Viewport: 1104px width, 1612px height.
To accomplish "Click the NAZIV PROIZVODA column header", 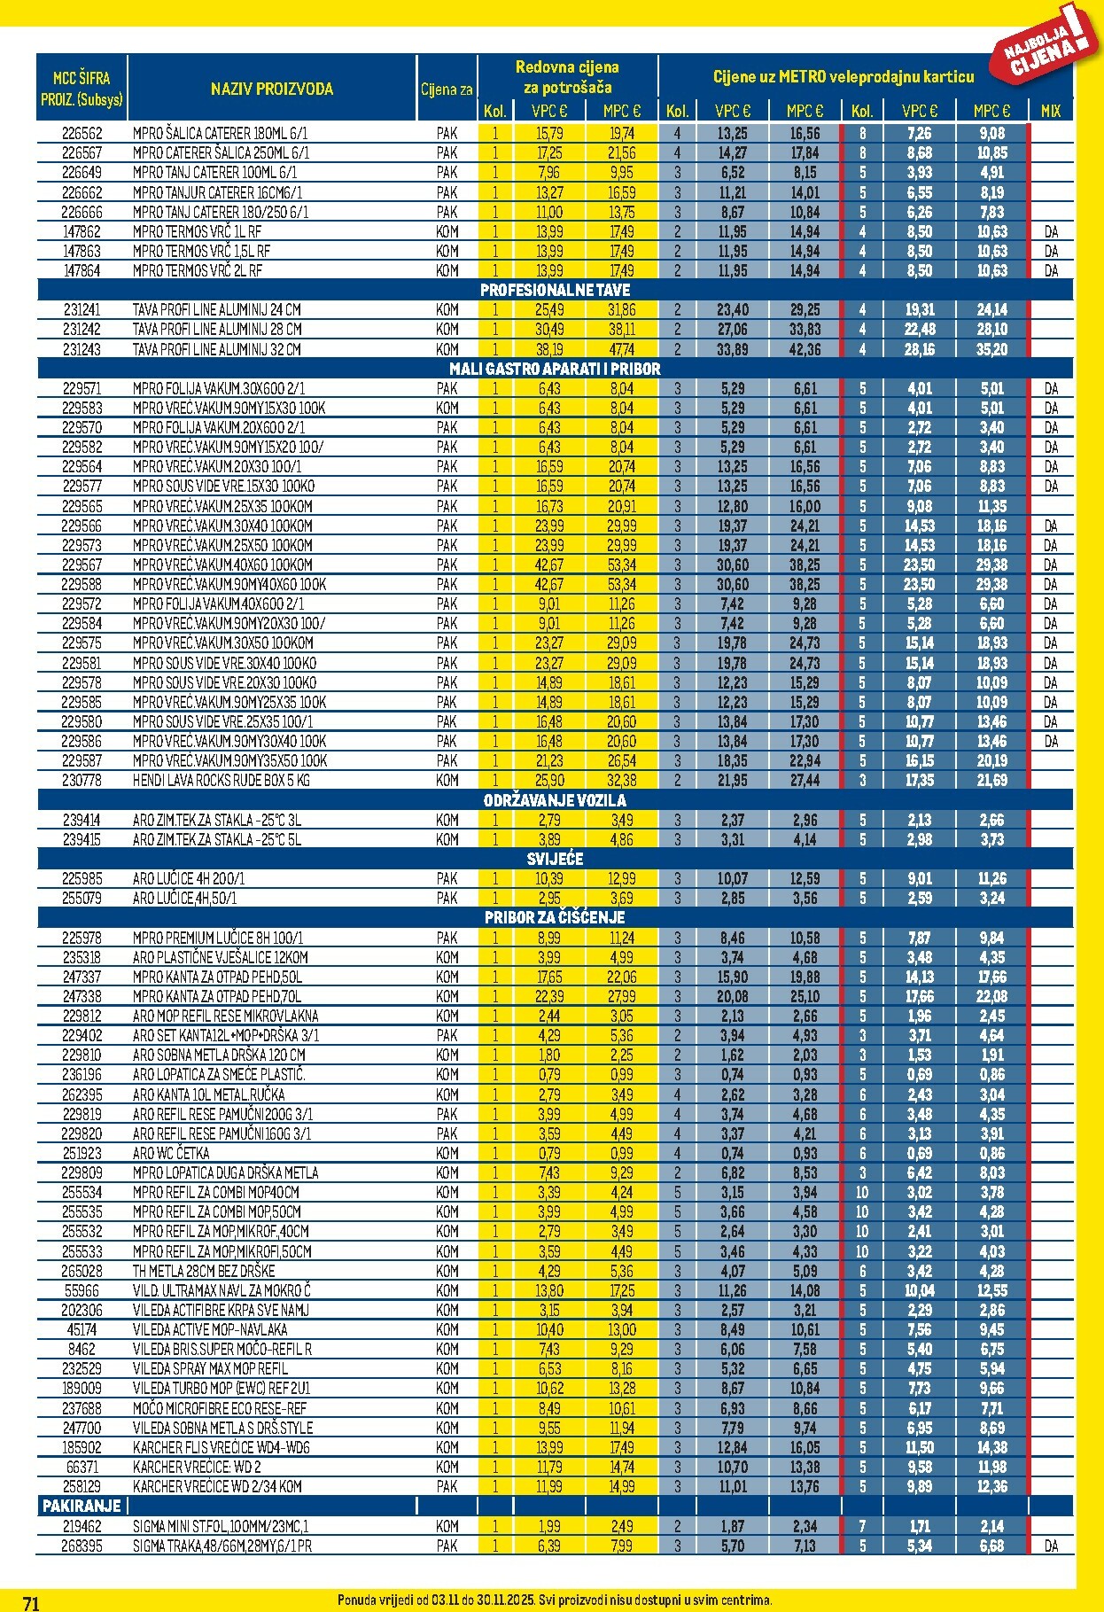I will pos(272,89).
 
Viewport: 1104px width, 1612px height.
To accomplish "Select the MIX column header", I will pos(1051,112).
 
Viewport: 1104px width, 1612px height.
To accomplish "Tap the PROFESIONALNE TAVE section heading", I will pos(555,290).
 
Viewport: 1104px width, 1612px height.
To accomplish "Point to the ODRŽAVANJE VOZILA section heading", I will pos(555,800).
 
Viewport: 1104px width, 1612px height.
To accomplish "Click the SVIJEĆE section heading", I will pos(555,859).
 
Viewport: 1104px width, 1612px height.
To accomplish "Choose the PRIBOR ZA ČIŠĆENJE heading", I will pos(555,917).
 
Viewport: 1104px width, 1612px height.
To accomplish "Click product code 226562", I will pos(82,134).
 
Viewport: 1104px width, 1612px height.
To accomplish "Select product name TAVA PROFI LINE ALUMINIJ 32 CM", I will pos(217,349).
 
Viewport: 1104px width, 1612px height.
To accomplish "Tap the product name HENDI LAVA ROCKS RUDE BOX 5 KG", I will pos(222,781).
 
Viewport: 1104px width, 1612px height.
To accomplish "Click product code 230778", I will pos(82,781).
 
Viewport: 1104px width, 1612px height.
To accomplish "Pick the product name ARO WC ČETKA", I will pos(171,1153).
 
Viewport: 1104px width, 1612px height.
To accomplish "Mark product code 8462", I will pos(82,1349).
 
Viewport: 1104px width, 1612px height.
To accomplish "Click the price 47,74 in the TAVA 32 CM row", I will pos(622,349).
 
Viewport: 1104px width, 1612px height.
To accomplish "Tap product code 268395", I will pos(82,1546).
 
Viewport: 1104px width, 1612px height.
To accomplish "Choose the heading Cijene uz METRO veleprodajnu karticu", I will pos(844,77).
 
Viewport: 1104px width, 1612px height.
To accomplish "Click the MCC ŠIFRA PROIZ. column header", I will pos(82,89).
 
